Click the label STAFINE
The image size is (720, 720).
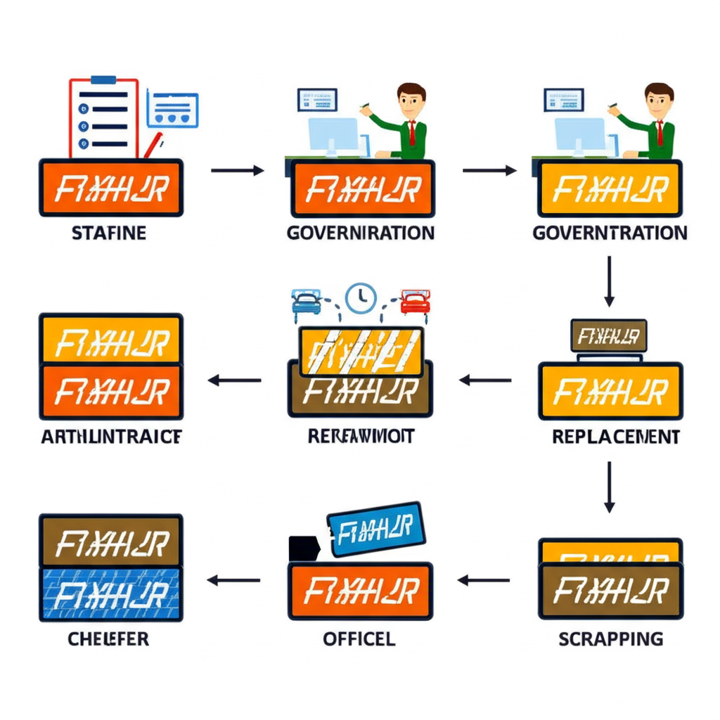[x=109, y=233]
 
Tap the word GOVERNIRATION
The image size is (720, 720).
[x=361, y=233]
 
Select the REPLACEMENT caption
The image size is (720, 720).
[x=615, y=437]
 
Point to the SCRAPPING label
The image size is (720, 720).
[x=610, y=638]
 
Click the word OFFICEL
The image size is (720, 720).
[x=359, y=639]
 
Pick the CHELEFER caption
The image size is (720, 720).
[x=108, y=639]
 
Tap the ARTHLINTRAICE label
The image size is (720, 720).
[x=111, y=437]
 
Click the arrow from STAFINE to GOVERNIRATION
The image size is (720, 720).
[x=237, y=170]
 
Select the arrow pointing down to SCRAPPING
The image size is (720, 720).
[x=609, y=486]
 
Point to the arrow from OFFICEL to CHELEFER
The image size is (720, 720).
[x=233, y=581]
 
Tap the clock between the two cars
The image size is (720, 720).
[x=361, y=297]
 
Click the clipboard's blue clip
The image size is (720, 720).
[x=103, y=80]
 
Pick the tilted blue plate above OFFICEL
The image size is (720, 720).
[x=375, y=528]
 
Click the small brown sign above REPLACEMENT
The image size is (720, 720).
[x=609, y=336]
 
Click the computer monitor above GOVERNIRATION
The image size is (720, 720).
[x=333, y=134]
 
